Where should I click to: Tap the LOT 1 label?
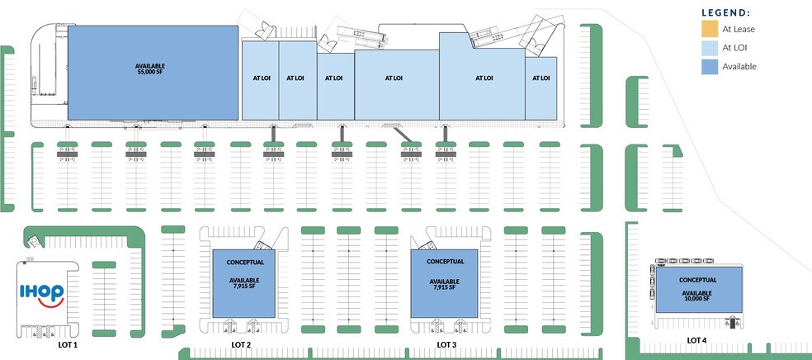click(67, 343)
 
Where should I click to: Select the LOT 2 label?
click(241, 343)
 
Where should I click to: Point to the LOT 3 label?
click(447, 343)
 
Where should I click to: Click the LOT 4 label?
click(696, 339)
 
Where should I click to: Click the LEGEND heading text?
click(725, 12)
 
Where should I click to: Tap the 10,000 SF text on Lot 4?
click(698, 299)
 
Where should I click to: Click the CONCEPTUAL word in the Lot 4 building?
click(698, 279)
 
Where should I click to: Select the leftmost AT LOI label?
click(259, 78)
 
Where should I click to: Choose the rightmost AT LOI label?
click(541, 78)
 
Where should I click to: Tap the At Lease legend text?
click(739, 29)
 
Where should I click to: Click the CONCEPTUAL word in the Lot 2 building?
click(244, 263)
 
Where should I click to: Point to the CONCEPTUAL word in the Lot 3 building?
click(445, 262)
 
